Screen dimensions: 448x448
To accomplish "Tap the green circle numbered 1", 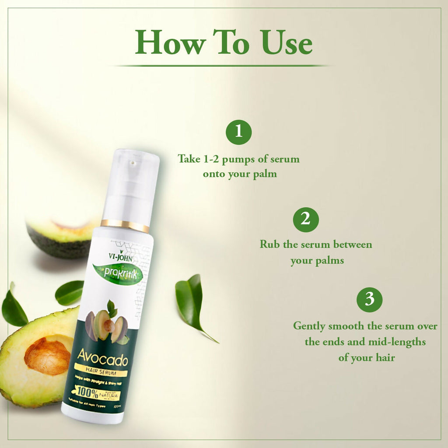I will click(238, 131).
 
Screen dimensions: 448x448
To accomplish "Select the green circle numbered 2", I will click(306, 219).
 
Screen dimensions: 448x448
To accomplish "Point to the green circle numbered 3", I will click(369, 300).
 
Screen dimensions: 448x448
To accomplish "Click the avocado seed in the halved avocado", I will click(47, 355).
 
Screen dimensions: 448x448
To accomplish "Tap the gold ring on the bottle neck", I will click(125, 225).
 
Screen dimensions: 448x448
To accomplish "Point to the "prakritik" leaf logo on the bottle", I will click(117, 274).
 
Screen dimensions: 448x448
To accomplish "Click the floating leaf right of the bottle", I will click(191, 302).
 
